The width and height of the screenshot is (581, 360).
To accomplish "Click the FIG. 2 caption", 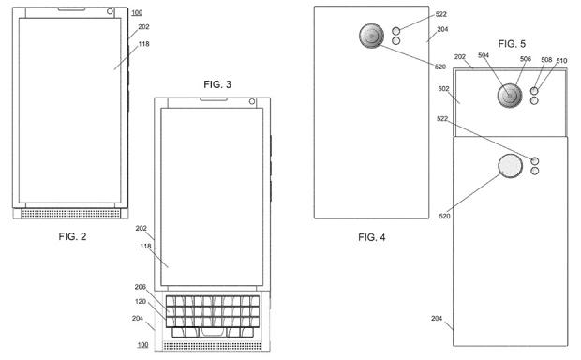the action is coord(73,236).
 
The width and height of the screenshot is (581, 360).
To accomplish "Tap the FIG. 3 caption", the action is coord(217,84).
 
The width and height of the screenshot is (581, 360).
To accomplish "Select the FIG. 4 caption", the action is coord(372,237).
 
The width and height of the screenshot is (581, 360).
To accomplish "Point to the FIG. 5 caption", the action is coord(512,44).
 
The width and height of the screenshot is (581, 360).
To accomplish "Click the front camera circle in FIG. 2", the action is coord(110,11).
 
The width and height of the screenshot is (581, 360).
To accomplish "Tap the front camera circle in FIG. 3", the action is coord(252,101).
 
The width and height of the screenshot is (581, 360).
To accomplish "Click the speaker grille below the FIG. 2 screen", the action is coord(71,214).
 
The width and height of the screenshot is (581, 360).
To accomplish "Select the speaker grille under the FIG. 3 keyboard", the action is coord(213,346).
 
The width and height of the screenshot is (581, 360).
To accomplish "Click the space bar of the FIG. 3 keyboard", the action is coord(213,332).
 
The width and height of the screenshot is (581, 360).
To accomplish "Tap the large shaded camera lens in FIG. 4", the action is coord(372,36).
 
